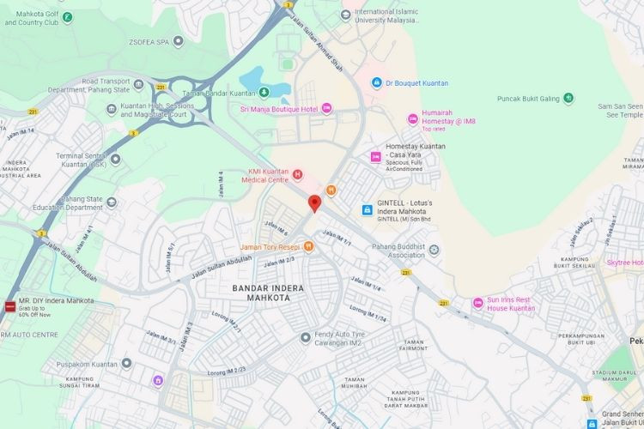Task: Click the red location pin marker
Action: click(x=314, y=203)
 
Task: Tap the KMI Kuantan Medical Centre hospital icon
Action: click(x=298, y=175)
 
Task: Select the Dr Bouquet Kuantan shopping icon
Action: click(x=375, y=82)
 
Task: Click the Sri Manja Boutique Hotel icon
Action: click(x=326, y=108)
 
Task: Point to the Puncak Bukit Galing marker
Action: click(x=568, y=99)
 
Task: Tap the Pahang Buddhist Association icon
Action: click(x=434, y=250)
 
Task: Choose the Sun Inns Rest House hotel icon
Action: click(x=478, y=303)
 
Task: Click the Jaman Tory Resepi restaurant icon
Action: click(x=308, y=246)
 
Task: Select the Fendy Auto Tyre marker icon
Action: click(x=305, y=337)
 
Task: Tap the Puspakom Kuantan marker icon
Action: click(x=127, y=363)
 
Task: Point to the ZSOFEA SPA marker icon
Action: click(x=178, y=40)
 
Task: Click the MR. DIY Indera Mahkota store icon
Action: click(x=9, y=305)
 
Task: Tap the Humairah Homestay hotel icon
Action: click(x=413, y=117)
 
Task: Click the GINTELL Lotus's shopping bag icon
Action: click(x=367, y=209)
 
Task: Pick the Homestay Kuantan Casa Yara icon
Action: click(x=374, y=156)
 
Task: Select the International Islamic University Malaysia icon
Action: click(x=346, y=13)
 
